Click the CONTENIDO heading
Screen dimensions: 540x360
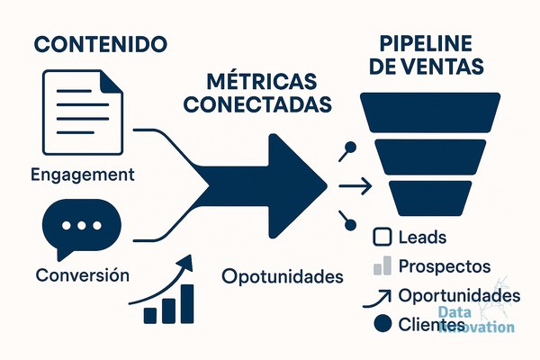click(x=101, y=44)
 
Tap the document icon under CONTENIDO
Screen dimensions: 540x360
click(x=83, y=112)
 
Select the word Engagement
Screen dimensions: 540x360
click(x=83, y=175)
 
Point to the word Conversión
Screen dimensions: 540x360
click(x=83, y=274)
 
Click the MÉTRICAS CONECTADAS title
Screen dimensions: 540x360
click(x=257, y=93)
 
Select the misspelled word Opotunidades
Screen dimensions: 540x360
click(x=283, y=276)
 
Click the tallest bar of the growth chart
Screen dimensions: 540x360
click(x=187, y=304)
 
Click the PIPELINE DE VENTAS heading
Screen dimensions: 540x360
click(x=427, y=54)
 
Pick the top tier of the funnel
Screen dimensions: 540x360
click(x=430, y=112)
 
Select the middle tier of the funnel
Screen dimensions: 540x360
click(x=430, y=157)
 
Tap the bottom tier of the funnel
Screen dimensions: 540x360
click(x=430, y=198)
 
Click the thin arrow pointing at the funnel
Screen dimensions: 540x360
click(x=355, y=186)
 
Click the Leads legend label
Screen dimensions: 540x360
click(x=422, y=238)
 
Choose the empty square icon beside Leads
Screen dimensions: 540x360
click(x=382, y=237)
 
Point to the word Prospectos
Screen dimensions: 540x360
click(x=445, y=266)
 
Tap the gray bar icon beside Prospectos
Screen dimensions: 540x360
click(x=382, y=265)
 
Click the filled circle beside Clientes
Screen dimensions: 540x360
click(x=382, y=324)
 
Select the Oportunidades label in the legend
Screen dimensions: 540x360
click(x=459, y=295)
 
